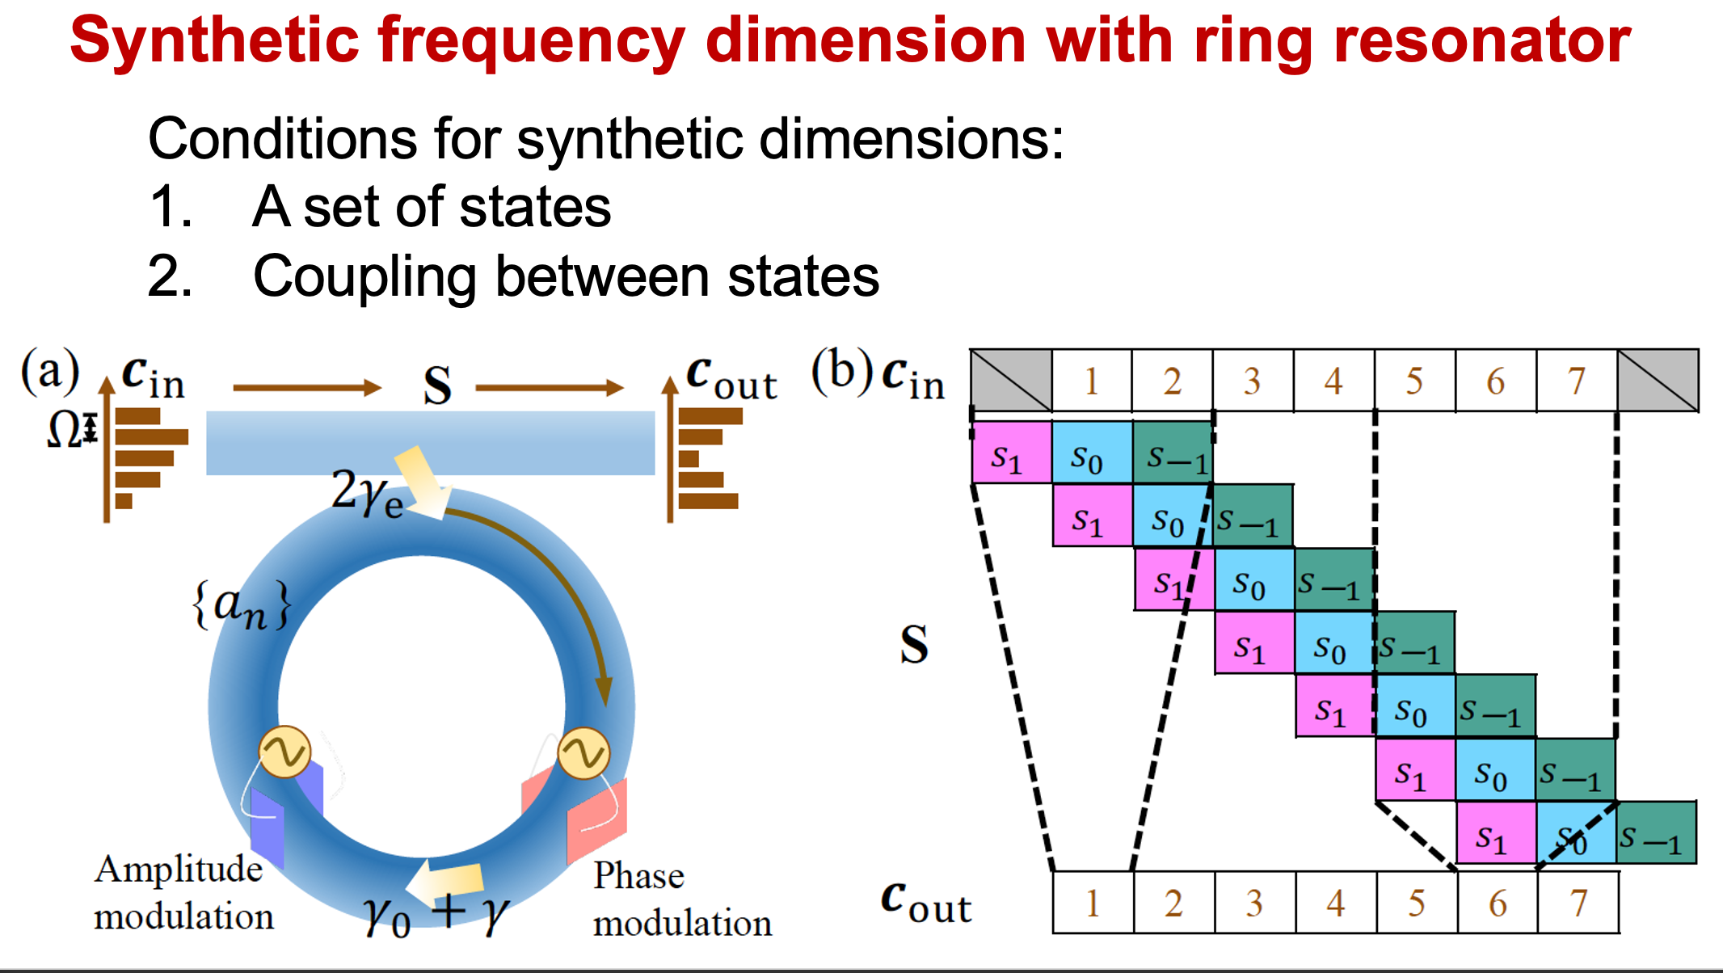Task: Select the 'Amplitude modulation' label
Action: pos(184,893)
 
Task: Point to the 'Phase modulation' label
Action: pos(682,899)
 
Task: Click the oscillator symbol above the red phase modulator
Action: pos(583,752)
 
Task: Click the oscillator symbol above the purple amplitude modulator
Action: pos(284,752)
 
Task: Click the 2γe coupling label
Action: pos(368,492)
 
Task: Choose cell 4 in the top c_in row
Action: pos(1334,381)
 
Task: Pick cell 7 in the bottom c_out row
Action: pos(1578,902)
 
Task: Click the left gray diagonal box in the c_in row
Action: pos(1011,380)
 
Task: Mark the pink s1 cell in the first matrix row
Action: pos(1011,453)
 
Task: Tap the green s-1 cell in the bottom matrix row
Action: pos(1657,832)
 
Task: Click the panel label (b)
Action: pos(842,371)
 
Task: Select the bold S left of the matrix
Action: pos(914,644)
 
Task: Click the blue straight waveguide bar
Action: pos(431,443)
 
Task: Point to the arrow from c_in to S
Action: pos(307,388)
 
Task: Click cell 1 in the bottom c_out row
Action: pos(1093,902)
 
